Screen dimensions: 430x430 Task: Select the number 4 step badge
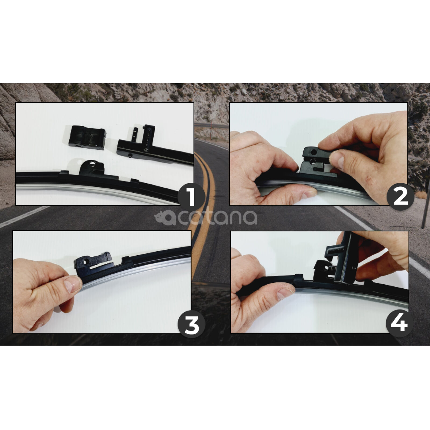399,325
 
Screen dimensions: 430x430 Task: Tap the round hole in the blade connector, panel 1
92,164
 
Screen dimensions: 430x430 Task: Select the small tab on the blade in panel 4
298,277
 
